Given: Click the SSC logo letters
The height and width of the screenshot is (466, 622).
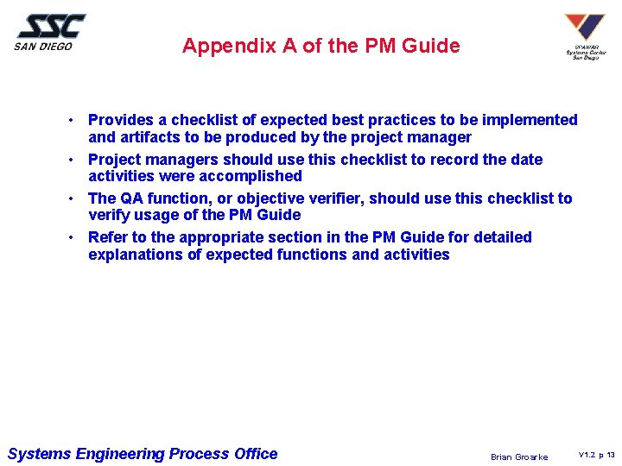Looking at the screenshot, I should (x=52, y=26).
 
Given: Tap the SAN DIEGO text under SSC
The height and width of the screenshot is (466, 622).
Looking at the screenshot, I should (x=43, y=47).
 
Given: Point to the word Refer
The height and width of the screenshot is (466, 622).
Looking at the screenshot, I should (x=107, y=237).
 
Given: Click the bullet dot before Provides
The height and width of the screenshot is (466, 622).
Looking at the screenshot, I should (x=75, y=120).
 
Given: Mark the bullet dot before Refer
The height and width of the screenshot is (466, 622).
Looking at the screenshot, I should (x=75, y=237).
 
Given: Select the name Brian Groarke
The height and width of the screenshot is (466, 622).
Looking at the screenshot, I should (x=518, y=457).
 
